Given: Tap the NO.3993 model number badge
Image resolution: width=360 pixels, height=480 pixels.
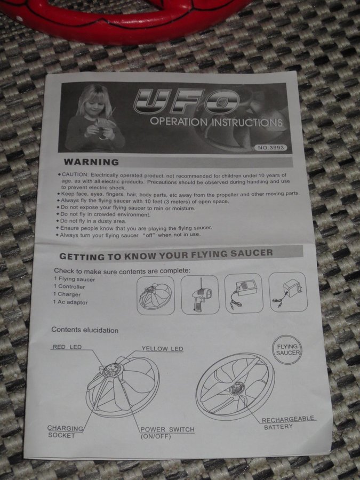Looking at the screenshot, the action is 270,148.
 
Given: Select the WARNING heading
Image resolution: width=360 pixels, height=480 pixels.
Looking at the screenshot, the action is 91,162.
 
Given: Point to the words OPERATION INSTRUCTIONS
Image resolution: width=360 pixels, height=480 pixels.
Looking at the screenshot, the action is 216,122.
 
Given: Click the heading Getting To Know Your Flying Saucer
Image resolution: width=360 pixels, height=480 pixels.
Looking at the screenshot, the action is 166,254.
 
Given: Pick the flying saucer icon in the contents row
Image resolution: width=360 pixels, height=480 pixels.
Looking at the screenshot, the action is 156,295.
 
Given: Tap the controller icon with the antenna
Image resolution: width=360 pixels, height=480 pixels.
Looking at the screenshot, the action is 200,294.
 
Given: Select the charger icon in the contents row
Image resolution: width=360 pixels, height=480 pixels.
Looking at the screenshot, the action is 244,293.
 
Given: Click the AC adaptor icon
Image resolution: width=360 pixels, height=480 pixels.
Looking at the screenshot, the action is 288,292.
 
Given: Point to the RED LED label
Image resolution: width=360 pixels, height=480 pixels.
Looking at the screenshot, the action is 67,347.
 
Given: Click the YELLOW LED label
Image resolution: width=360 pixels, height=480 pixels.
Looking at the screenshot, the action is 162,349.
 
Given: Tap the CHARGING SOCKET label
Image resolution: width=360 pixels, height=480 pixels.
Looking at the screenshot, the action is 65,431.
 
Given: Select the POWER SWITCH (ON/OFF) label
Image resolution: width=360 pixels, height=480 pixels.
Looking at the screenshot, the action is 167,433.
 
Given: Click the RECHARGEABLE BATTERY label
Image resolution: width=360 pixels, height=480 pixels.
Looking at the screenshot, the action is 288,422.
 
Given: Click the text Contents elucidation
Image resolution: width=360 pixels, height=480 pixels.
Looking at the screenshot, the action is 85,330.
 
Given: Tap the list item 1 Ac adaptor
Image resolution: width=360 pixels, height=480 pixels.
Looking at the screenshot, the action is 70,302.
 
